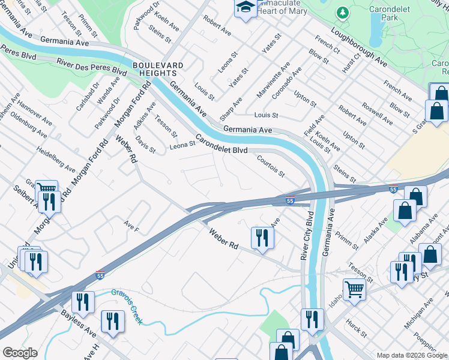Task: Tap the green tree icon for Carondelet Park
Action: click(x=343, y=13)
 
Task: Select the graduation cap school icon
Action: click(x=244, y=8)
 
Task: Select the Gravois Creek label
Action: click(x=127, y=306)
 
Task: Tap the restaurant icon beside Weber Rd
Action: click(x=262, y=238)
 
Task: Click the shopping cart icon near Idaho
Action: click(x=354, y=289)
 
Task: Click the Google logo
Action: click(x=20, y=353)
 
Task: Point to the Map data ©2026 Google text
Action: click(x=411, y=355)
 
